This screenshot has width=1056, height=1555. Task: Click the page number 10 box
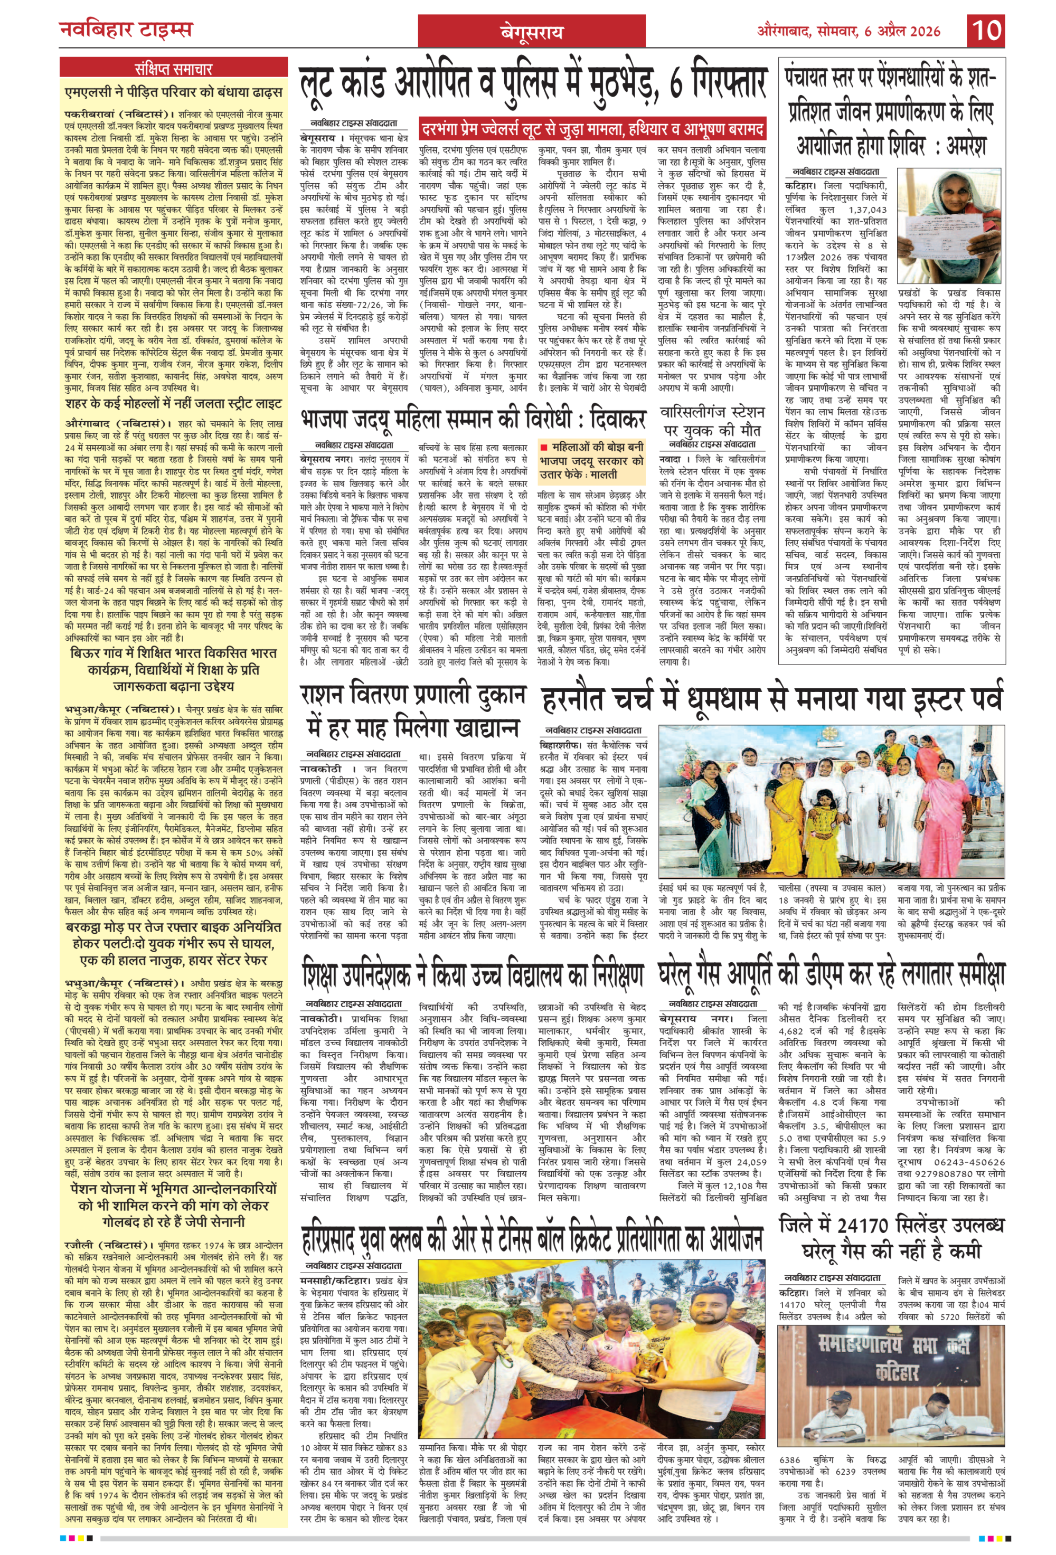tap(986, 31)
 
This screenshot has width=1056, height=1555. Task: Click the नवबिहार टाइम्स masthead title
tap(126, 30)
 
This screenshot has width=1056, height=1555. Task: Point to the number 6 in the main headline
tap(676, 85)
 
